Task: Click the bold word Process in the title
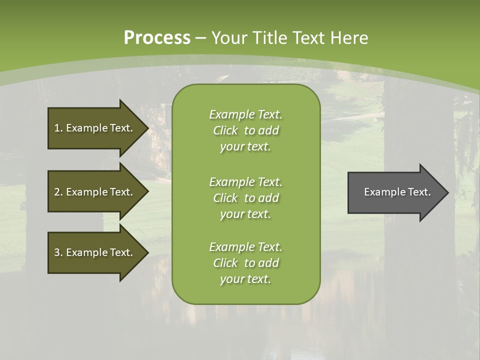pos(157,37)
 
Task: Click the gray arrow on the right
pos(395,192)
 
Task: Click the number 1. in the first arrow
pos(58,128)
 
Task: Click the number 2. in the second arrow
pos(58,192)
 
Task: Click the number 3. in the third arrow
pos(58,252)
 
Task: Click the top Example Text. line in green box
pos(245,114)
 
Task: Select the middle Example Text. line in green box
pos(245,182)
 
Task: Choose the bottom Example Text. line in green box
pos(245,247)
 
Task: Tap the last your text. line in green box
pos(245,279)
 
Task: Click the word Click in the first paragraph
pos(225,130)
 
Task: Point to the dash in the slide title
pos(200,38)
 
